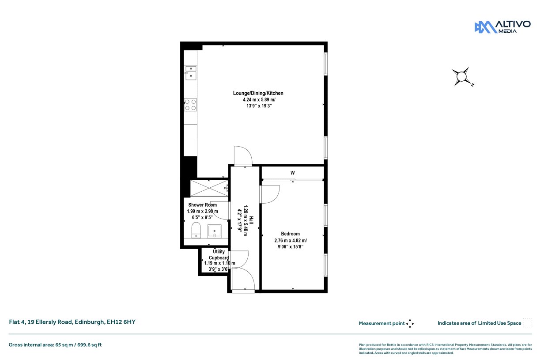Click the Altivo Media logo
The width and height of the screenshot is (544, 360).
click(502, 27)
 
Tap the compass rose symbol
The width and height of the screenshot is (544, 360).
click(462, 77)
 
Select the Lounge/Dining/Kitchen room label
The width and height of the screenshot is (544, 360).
click(258, 93)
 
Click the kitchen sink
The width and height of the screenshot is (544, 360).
click(191, 73)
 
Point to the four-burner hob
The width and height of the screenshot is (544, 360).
click(190, 105)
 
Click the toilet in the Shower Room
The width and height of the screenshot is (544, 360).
click(196, 230)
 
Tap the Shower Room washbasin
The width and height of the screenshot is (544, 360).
click(215, 231)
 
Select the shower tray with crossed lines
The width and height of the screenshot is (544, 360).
click(209, 188)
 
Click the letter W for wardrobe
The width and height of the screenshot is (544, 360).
click(293, 173)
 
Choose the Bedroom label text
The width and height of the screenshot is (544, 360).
click(290, 234)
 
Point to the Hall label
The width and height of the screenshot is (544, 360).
click(251, 220)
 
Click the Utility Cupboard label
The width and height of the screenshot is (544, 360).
click(219, 254)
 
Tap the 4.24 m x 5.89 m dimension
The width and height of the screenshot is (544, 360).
click(259, 99)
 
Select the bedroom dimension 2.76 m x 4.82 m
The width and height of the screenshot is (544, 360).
click(291, 240)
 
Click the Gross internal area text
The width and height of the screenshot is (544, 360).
click(55, 345)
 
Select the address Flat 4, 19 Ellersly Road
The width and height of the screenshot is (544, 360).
click(41, 322)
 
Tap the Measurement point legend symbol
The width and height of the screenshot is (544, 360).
click(410, 324)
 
